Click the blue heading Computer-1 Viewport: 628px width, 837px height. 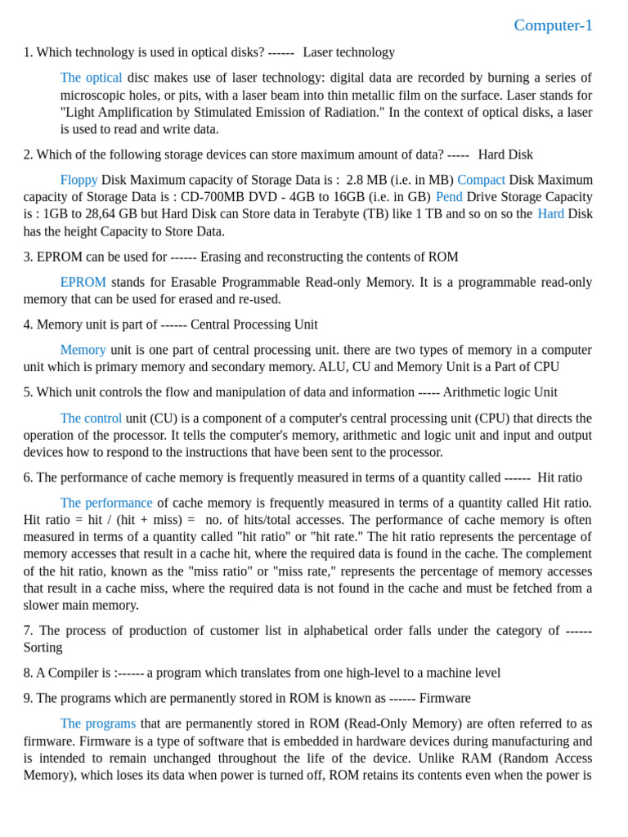pos(553,25)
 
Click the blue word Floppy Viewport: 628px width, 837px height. pos(78,180)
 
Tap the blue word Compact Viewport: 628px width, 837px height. pos(481,180)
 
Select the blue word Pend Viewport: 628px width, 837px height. pos(449,197)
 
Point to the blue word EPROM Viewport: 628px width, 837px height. pos(83,282)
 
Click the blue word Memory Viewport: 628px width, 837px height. pos(83,350)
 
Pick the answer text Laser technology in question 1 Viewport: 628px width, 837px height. pos(348,52)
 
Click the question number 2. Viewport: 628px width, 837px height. pos(28,154)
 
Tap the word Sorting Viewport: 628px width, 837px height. pos(43,648)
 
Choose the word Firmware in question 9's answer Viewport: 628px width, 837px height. pos(446,699)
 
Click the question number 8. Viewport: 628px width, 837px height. pos(28,674)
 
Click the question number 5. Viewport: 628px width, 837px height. pos(28,392)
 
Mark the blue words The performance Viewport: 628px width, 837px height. pos(105,503)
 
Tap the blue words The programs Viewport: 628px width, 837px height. pos(97,724)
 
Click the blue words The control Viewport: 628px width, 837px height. pos(91,418)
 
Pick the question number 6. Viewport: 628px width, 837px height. pos(28,477)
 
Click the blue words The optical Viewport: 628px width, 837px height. pos(91,78)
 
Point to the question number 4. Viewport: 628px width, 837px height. pos(28,325)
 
